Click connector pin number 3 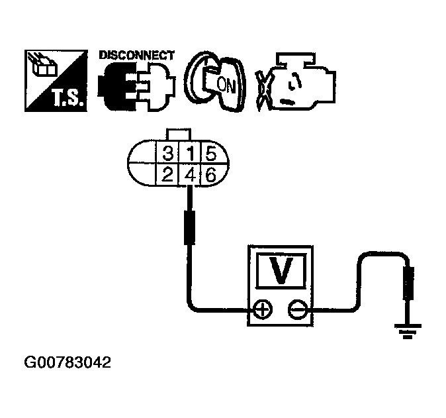(x=167, y=155)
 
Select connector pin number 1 (x=190, y=155)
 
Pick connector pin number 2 (x=167, y=176)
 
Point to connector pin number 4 (x=190, y=176)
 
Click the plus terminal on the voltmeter (x=263, y=309)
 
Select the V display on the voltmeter (x=280, y=271)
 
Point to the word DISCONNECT (x=136, y=55)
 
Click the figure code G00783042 (x=67, y=363)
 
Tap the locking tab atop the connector (x=181, y=134)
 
